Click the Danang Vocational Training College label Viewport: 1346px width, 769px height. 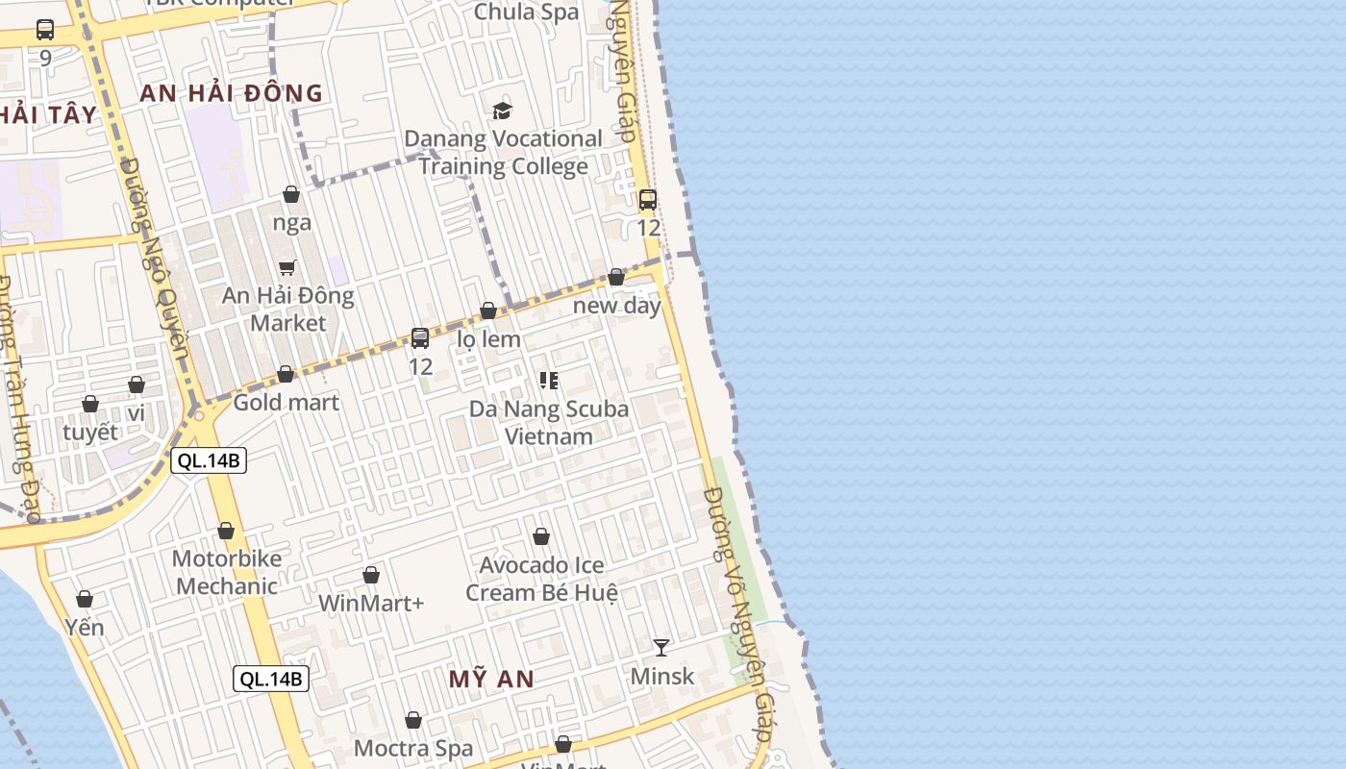tap(503, 152)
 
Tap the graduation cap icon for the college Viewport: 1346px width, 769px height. tap(502, 111)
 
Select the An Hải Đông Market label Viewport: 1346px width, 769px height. tap(288, 309)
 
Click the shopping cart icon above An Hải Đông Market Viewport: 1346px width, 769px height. tap(287, 267)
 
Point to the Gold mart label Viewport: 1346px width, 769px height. tap(286, 402)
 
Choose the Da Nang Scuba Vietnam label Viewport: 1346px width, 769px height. tap(549, 422)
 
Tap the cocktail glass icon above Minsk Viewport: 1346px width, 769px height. tap(661, 647)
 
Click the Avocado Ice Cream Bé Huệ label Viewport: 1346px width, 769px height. tap(541, 579)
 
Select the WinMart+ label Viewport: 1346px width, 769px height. tap(371, 604)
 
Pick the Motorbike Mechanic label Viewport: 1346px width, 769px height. tap(226, 572)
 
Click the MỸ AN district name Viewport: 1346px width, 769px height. tap(491, 679)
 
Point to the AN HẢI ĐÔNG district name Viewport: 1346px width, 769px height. tap(231, 93)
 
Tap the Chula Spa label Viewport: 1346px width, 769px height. tap(527, 12)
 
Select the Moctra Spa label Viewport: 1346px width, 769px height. tap(413, 748)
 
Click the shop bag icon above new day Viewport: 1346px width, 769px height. tap(616, 277)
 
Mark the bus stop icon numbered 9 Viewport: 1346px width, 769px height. tap(45, 30)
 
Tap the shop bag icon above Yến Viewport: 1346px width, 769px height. tap(85, 599)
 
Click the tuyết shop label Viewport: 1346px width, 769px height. tap(90, 432)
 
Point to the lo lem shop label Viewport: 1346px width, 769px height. tap(488, 339)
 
